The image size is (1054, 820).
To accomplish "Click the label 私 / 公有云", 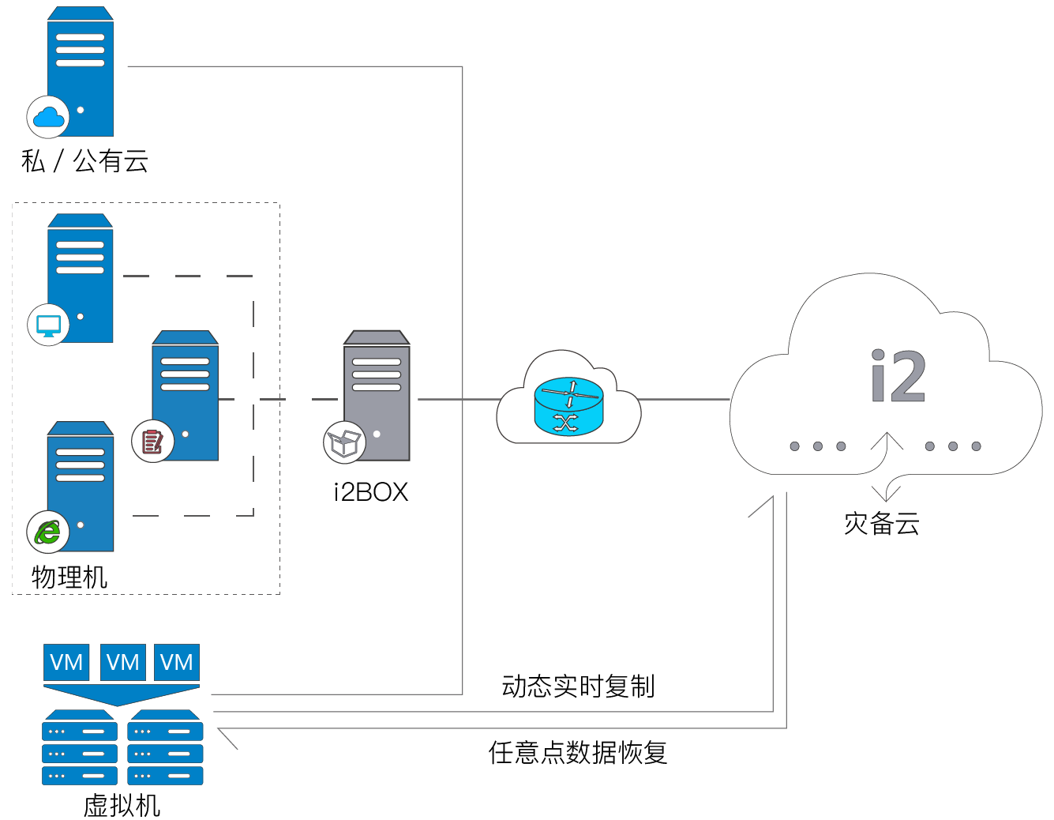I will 84,161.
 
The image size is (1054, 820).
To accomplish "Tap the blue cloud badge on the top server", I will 48,118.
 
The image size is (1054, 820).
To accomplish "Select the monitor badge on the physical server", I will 48,325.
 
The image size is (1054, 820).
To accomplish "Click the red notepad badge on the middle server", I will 152,441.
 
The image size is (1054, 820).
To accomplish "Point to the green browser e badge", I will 47,532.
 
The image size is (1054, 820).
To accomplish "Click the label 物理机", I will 69,577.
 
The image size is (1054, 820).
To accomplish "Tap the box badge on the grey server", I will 344,442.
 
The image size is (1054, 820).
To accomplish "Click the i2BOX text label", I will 371,492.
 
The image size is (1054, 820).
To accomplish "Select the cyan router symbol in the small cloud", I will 568,406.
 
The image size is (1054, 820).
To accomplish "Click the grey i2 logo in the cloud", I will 898,376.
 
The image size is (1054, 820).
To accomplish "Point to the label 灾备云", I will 882,524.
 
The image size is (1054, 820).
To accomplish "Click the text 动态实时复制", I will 578,686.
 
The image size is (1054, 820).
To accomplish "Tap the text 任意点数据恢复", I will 578,752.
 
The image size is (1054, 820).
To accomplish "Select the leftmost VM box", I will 66,662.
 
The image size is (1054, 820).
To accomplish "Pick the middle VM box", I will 122,662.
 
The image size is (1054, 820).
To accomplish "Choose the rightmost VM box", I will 176,662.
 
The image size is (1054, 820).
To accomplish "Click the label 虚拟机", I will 122,805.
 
